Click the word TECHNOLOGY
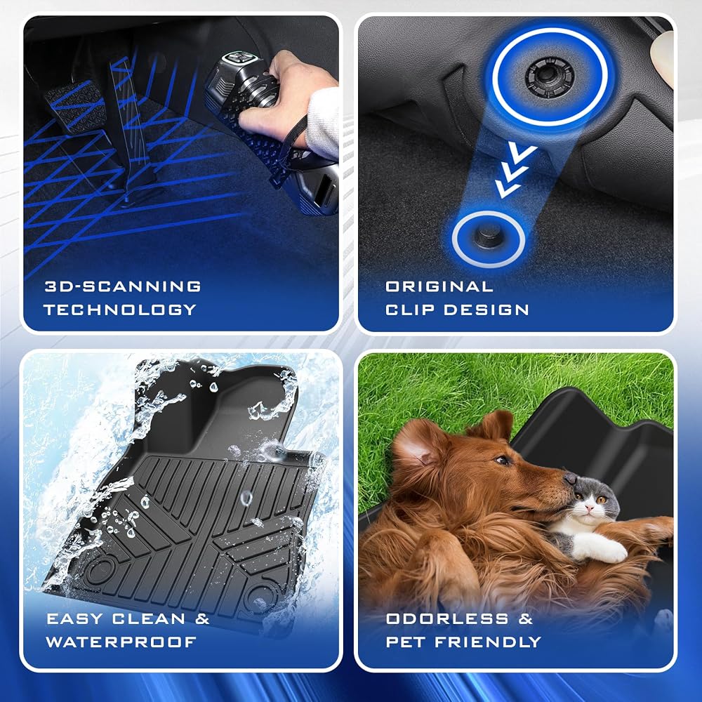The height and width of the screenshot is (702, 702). [120, 310]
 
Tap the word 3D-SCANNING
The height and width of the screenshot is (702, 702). [123, 286]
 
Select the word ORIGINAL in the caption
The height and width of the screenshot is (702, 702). [439, 286]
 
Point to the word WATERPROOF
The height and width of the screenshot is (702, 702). [121, 642]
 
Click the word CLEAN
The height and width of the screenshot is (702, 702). [149, 618]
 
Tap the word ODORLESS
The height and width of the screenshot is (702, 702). [447, 618]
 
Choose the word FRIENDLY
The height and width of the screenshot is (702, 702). [488, 642]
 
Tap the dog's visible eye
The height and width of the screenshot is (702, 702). [503, 460]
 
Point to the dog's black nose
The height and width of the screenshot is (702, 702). [570, 479]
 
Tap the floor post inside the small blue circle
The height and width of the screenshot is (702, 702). [487, 236]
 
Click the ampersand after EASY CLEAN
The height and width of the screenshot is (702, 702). [202, 618]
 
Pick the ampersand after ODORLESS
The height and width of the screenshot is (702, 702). [526, 618]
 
